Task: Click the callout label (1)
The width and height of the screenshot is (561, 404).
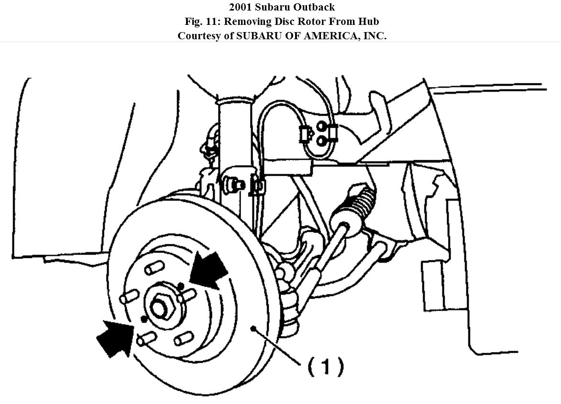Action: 325,367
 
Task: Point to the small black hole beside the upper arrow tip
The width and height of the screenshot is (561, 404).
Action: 181,286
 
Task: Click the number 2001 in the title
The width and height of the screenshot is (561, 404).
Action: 242,7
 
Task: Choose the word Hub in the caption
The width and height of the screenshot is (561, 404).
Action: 368,22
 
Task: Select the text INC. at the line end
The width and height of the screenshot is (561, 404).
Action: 374,36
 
